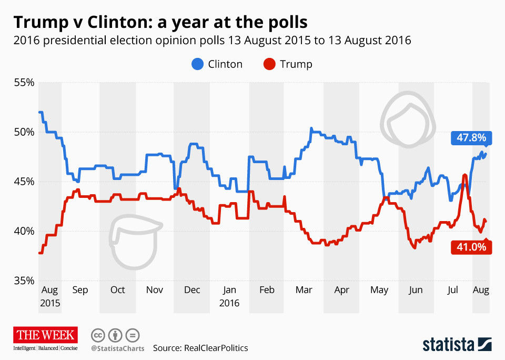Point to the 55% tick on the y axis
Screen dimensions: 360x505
tap(24, 83)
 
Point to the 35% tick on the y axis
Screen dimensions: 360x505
tap(24, 281)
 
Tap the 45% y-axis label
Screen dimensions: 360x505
tap(24, 182)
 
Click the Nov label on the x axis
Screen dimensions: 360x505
tap(155, 290)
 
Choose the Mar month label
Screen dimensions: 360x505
tap(304, 290)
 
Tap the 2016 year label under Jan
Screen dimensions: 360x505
tap(229, 304)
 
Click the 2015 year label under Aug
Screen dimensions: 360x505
tap(49, 304)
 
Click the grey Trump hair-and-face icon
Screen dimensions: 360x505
tap(135, 243)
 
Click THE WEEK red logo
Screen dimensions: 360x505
tap(46, 335)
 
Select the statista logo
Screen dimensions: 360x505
tap(457, 345)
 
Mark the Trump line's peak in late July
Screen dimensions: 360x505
tap(465, 175)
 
